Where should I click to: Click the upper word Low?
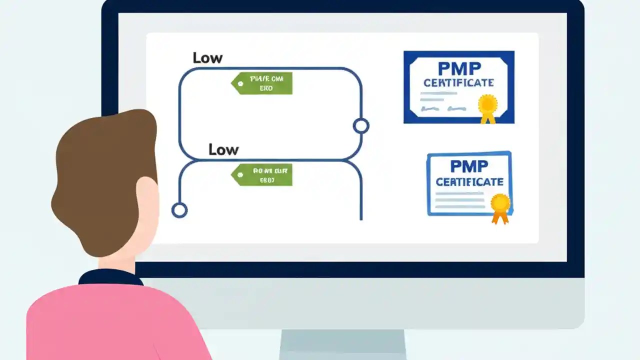pos(207,58)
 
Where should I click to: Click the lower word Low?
pos(223,149)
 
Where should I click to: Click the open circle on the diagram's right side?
pos(361,126)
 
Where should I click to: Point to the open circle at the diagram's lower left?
pos(179,210)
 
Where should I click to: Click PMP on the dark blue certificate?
pos(458,68)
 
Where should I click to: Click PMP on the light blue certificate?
pos(469,166)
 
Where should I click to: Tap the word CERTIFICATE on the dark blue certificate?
pos(458,82)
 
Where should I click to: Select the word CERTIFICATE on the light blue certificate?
pos(469,181)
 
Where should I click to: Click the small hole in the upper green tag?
pos(240,83)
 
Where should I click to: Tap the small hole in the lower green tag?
pos(240,175)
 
